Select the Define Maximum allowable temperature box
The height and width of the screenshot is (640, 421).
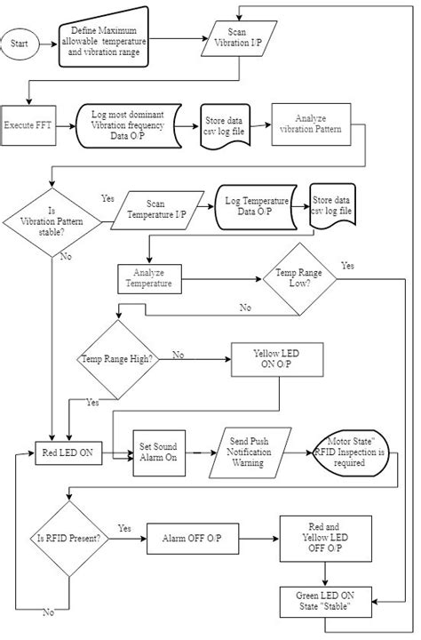tap(104, 41)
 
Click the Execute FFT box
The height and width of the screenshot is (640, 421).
tap(28, 124)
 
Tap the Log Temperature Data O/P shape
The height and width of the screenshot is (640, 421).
tap(256, 210)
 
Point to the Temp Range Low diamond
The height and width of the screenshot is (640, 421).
tap(298, 283)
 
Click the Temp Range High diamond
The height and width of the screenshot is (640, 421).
tap(118, 360)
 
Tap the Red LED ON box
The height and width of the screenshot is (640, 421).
tap(68, 452)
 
